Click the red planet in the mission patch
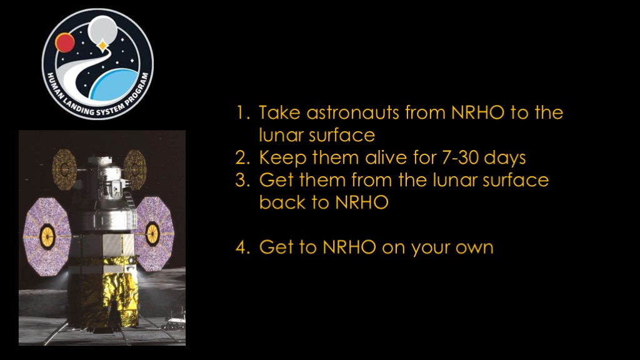click(x=65, y=42)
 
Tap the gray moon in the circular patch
click(x=102, y=29)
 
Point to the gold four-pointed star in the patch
click(x=102, y=45)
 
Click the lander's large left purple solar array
click(x=46, y=236)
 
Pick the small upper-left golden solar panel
click(x=64, y=169)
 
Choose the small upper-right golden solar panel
click(x=135, y=169)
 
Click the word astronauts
click(x=352, y=112)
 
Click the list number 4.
click(x=242, y=247)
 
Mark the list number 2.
click(x=242, y=157)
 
